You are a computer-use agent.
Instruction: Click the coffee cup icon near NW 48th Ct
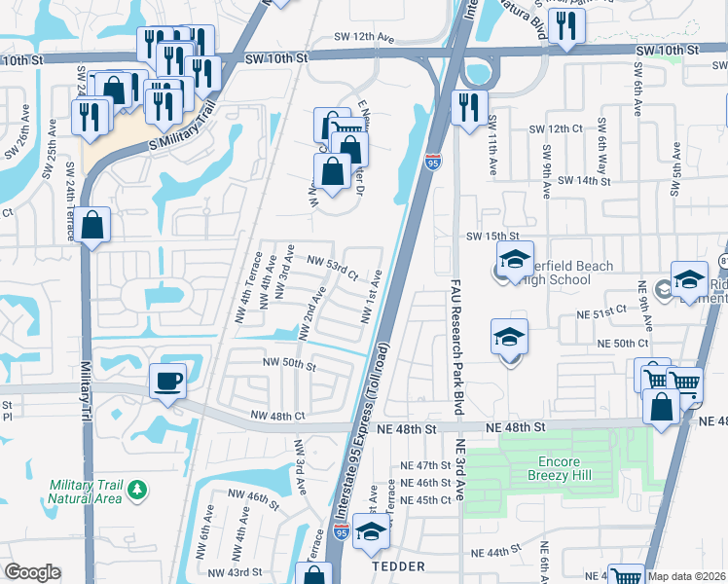(x=168, y=381)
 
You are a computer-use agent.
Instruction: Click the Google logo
(x=32, y=572)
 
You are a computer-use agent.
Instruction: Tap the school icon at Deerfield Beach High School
(x=515, y=260)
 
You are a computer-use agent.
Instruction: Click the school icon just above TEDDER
(x=370, y=532)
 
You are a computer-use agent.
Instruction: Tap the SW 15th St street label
(x=487, y=237)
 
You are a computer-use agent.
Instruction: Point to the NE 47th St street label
(x=426, y=466)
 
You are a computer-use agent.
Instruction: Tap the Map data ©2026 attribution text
(x=686, y=576)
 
